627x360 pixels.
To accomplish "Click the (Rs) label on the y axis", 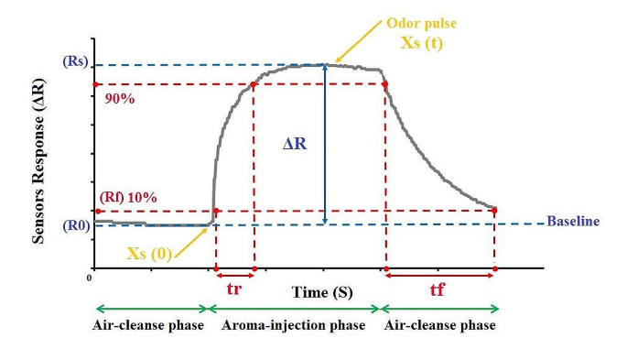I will click(76, 62).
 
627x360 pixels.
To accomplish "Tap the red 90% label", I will click(119, 99).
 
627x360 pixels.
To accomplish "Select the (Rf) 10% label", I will click(128, 197).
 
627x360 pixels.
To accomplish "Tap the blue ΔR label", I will click(296, 144).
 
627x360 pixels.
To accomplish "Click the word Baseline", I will click(573, 222).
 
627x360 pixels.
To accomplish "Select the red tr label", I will click(233, 287).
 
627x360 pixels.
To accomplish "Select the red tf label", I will click(440, 287).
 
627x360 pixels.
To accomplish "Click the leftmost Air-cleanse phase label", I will click(149, 325).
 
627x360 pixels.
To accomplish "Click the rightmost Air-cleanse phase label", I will click(439, 325).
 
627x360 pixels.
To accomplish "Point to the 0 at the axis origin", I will click(90, 277).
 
